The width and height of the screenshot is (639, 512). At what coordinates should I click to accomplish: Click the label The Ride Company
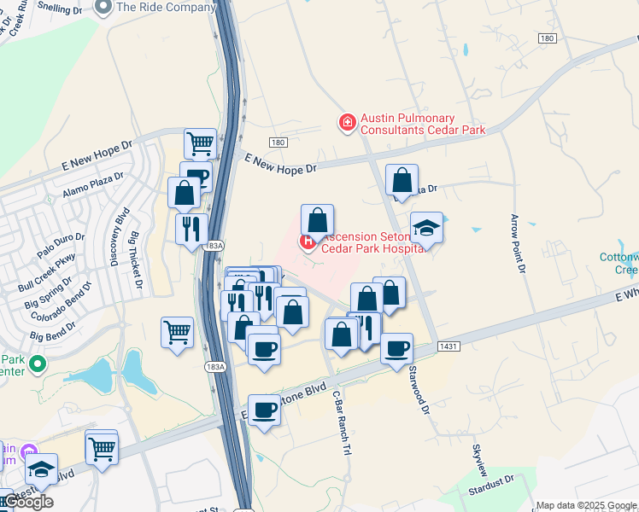click(166, 7)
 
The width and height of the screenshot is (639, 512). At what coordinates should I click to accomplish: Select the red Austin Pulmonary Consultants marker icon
click(347, 124)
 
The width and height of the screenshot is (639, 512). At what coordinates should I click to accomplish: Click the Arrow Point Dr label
click(517, 244)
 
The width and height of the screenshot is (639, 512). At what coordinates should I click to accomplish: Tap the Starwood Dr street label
click(419, 388)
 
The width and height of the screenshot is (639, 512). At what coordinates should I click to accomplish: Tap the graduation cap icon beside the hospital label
click(426, 228)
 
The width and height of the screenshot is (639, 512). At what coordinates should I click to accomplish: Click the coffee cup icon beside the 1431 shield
click(397, 349)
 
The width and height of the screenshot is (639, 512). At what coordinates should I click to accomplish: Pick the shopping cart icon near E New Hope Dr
click(200, 143)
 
